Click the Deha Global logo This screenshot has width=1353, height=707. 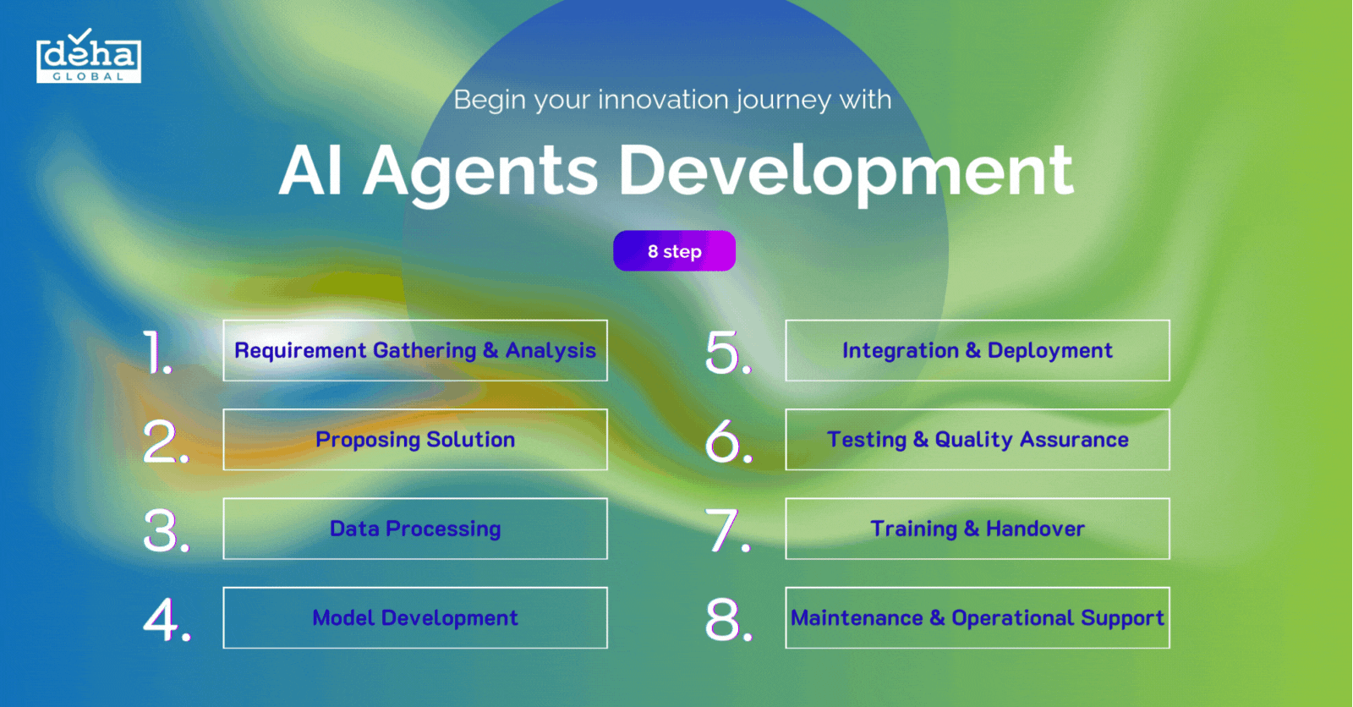point(88,58)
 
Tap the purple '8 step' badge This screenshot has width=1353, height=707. point(674,251)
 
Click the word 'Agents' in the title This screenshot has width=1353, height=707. point(480,172)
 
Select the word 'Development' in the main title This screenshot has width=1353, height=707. point(846,172)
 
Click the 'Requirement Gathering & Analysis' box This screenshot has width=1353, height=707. point(414,350)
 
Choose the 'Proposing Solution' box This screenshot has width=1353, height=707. point(414,440)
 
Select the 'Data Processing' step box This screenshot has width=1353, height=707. point(414,529)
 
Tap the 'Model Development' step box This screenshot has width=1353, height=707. point(414,617)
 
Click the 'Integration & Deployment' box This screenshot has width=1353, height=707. point(977,350)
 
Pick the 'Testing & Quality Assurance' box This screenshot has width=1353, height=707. point(977,440)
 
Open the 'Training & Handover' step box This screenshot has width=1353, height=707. point(977,529)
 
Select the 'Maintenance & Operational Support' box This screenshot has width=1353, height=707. point(977,617)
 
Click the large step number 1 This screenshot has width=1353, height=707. point(156,352)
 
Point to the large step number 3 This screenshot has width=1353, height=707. point(164,530)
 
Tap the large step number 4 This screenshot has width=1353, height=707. point(164,619)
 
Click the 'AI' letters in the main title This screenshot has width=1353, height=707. point(310,172)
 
